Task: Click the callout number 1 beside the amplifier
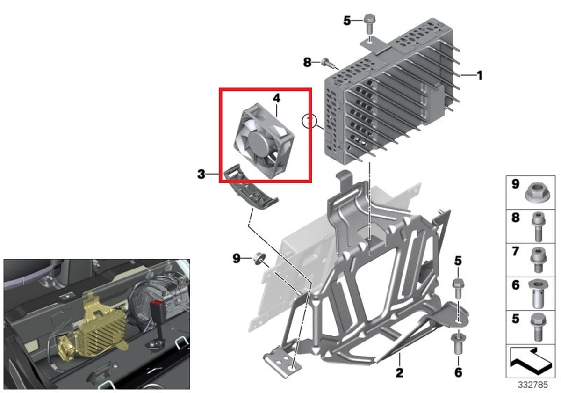[x=479, y=75]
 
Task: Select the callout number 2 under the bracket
[x=399, y=373]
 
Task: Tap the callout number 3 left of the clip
[x=201, y=174]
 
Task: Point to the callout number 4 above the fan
[x=276, y=98]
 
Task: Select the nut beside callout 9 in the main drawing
[x=258, y=259]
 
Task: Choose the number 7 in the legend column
[x=515, y=251]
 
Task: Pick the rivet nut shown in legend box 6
[x=538, y=293]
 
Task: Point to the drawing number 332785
[x=533, y=385]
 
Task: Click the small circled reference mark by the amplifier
[x=309, y=121]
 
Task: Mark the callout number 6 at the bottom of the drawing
[x=458, y=372]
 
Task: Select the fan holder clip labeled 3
[x=251, y=190]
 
